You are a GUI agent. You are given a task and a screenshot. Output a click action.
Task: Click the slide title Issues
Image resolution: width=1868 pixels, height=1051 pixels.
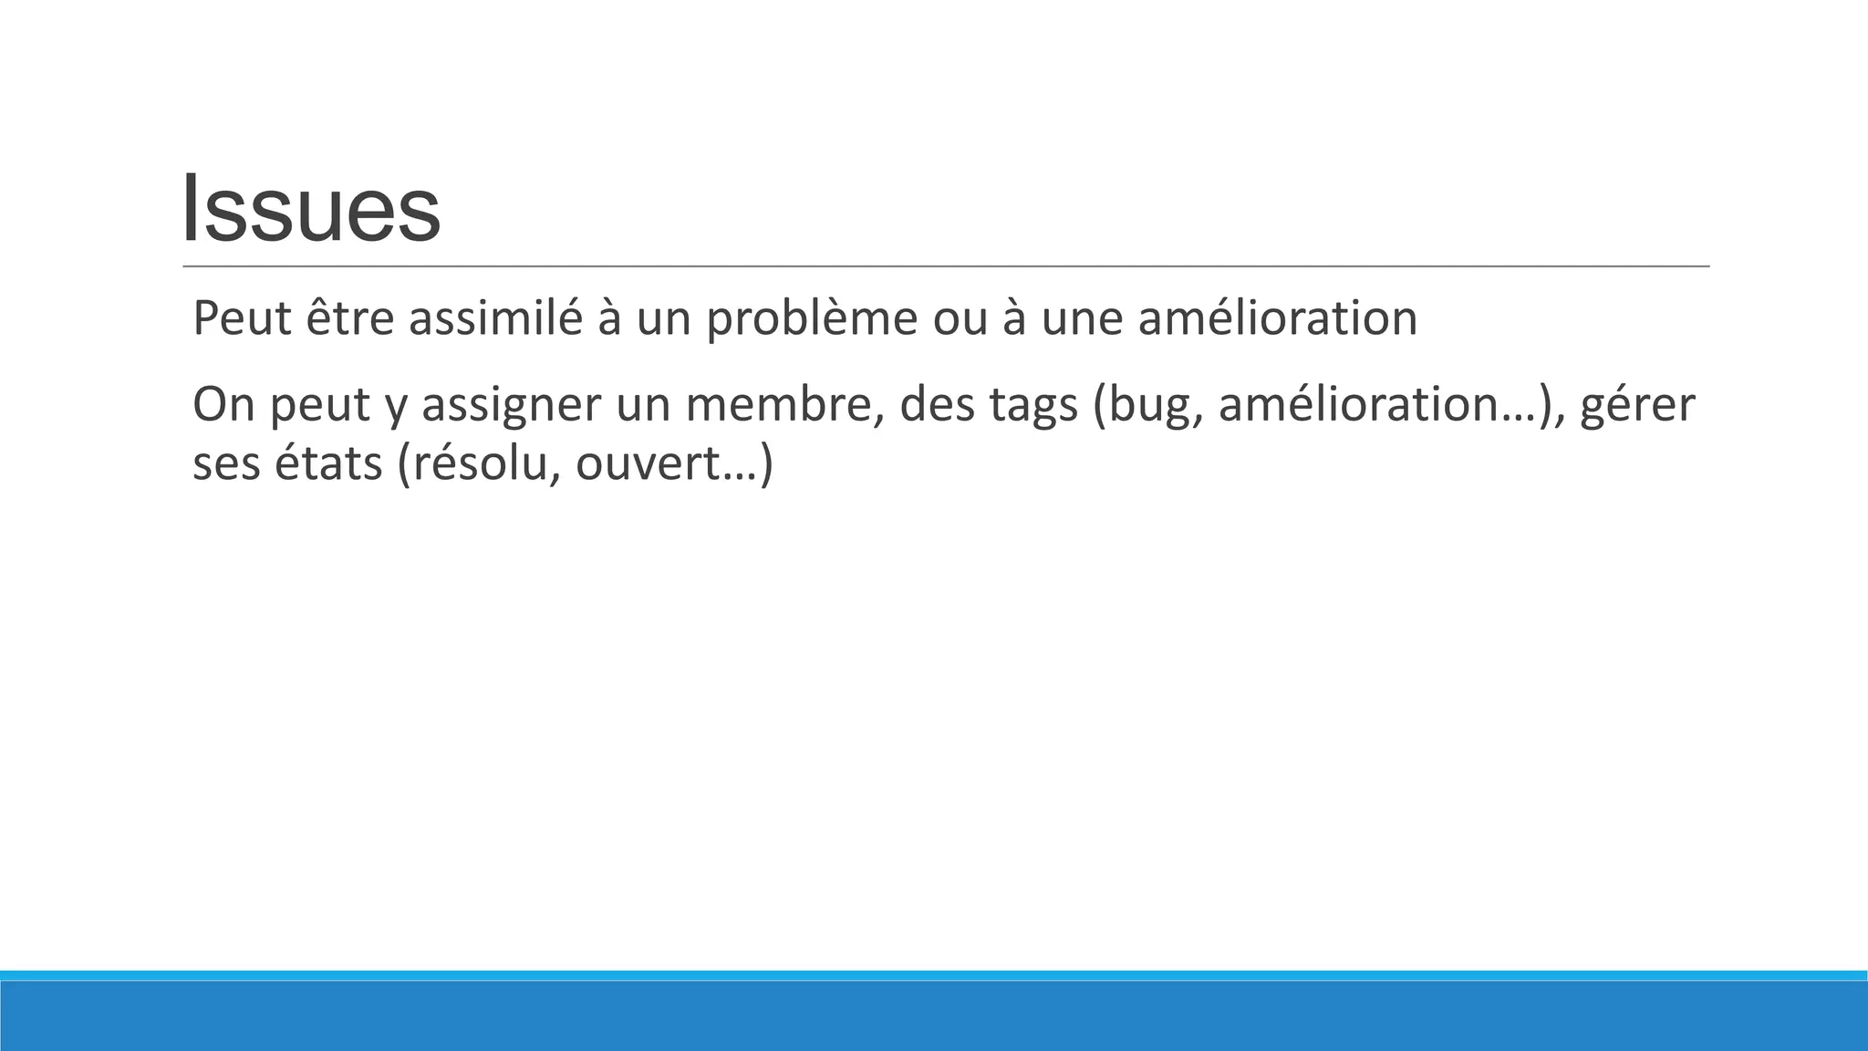311,210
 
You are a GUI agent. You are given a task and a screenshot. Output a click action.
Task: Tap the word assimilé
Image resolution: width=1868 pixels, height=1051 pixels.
495,318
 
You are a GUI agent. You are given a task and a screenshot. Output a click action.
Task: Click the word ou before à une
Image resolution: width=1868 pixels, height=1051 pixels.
960,318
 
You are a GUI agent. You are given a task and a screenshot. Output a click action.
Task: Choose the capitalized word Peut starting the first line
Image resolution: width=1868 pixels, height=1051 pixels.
241,318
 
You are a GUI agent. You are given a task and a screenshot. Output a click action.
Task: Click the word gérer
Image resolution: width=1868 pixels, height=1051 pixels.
1637,406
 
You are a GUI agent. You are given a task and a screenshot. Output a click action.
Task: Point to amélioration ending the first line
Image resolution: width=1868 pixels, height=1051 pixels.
1278,318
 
